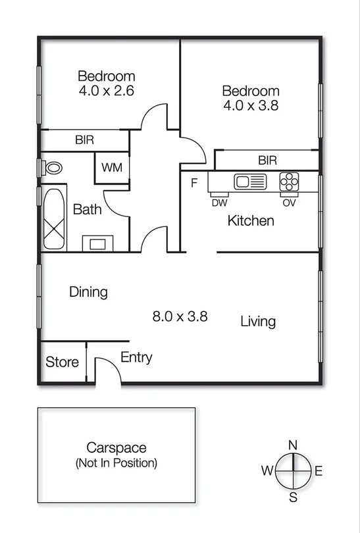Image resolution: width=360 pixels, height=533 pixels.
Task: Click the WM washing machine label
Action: click(x=112, y=167)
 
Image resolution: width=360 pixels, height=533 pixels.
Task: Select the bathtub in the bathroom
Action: click(x=55, y=219)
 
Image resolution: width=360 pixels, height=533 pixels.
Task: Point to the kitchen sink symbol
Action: click(x=250, y=181)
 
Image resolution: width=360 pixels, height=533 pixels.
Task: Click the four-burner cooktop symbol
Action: click(x=290, y=181)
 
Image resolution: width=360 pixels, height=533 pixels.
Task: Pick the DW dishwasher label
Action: click(x=219, y=203)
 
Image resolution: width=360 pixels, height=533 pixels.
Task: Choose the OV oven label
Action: click(x=290, y=203)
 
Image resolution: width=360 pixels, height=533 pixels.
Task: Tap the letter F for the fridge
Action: click(x=194, y=182)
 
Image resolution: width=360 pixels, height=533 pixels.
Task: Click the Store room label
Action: click(x=62, y=362)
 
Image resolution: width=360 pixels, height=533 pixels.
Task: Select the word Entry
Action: click(x=136, y=357)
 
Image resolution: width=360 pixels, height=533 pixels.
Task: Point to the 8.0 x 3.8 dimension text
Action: click(x=180, y=316)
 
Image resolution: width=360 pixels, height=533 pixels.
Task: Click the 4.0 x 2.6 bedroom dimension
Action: click(x=106, y=91)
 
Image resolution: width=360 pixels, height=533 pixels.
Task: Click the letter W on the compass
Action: click(x=267, y=470)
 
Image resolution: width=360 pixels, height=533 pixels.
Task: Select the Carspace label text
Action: click(x=116, y=448)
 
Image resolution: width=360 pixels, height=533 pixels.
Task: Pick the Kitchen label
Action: click(x=250, y=220)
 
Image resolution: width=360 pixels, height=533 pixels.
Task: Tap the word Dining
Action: click(x=88, y=292)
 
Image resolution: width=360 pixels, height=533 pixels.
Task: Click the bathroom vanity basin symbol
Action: click(x=97, y=243)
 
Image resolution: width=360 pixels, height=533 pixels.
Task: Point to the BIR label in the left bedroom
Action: click(x=84, y=140)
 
